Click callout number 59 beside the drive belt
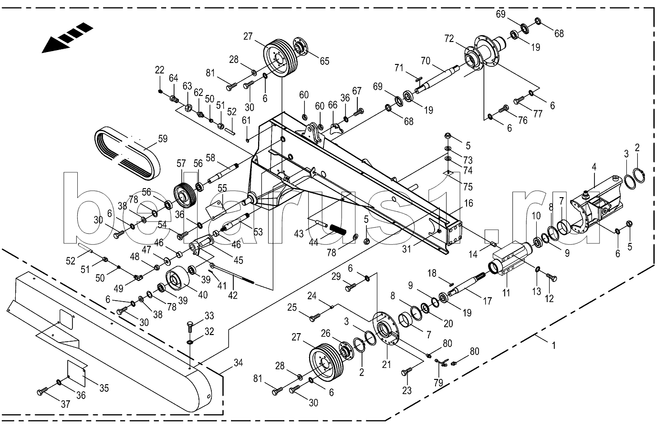[x=163, y=139]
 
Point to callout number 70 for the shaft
[x=425, y=61]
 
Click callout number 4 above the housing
[x=594, y=168]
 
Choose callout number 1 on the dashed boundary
[x=553, y=344]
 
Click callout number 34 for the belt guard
[x=238, y=363]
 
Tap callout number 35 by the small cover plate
[x=104, y=388]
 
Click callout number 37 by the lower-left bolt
[x=65, y=404]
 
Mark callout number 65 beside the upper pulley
[x=324, y=61]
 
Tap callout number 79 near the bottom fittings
[x=437, y=383]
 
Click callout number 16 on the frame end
[x=468, y=203]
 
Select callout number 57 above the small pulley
[x=181, y=163]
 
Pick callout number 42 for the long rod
[x=232, y=295]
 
